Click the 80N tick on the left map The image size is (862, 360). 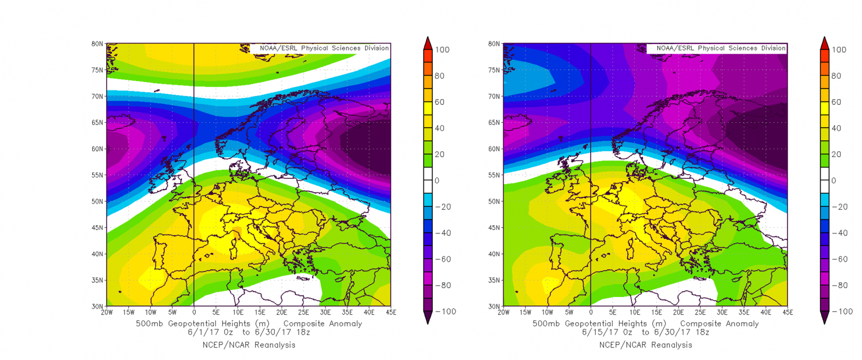click(98, 44)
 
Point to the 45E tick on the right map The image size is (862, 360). click(787, 312)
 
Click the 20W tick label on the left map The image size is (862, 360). click(107, 312)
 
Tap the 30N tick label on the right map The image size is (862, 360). click(494, 306)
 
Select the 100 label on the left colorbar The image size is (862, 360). click(442, 50)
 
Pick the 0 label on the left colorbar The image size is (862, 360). click(437, 181)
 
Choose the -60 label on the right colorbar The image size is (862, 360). click(840, 259)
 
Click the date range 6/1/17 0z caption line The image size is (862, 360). click(248, 333)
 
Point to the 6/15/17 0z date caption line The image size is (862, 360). click(645, 333)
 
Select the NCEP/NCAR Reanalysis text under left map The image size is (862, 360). click(248, 345)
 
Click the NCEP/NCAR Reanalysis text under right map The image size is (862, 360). click(645, 345)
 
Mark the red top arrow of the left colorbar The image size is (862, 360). click(427, 43)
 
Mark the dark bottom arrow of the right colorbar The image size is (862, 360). click(824, 319)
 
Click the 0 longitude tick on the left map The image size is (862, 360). click(194, 312)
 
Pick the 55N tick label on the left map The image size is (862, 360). click(98, 175)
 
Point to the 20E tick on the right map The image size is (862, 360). click(678, 312)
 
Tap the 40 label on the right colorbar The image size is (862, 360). click(836, 128)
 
